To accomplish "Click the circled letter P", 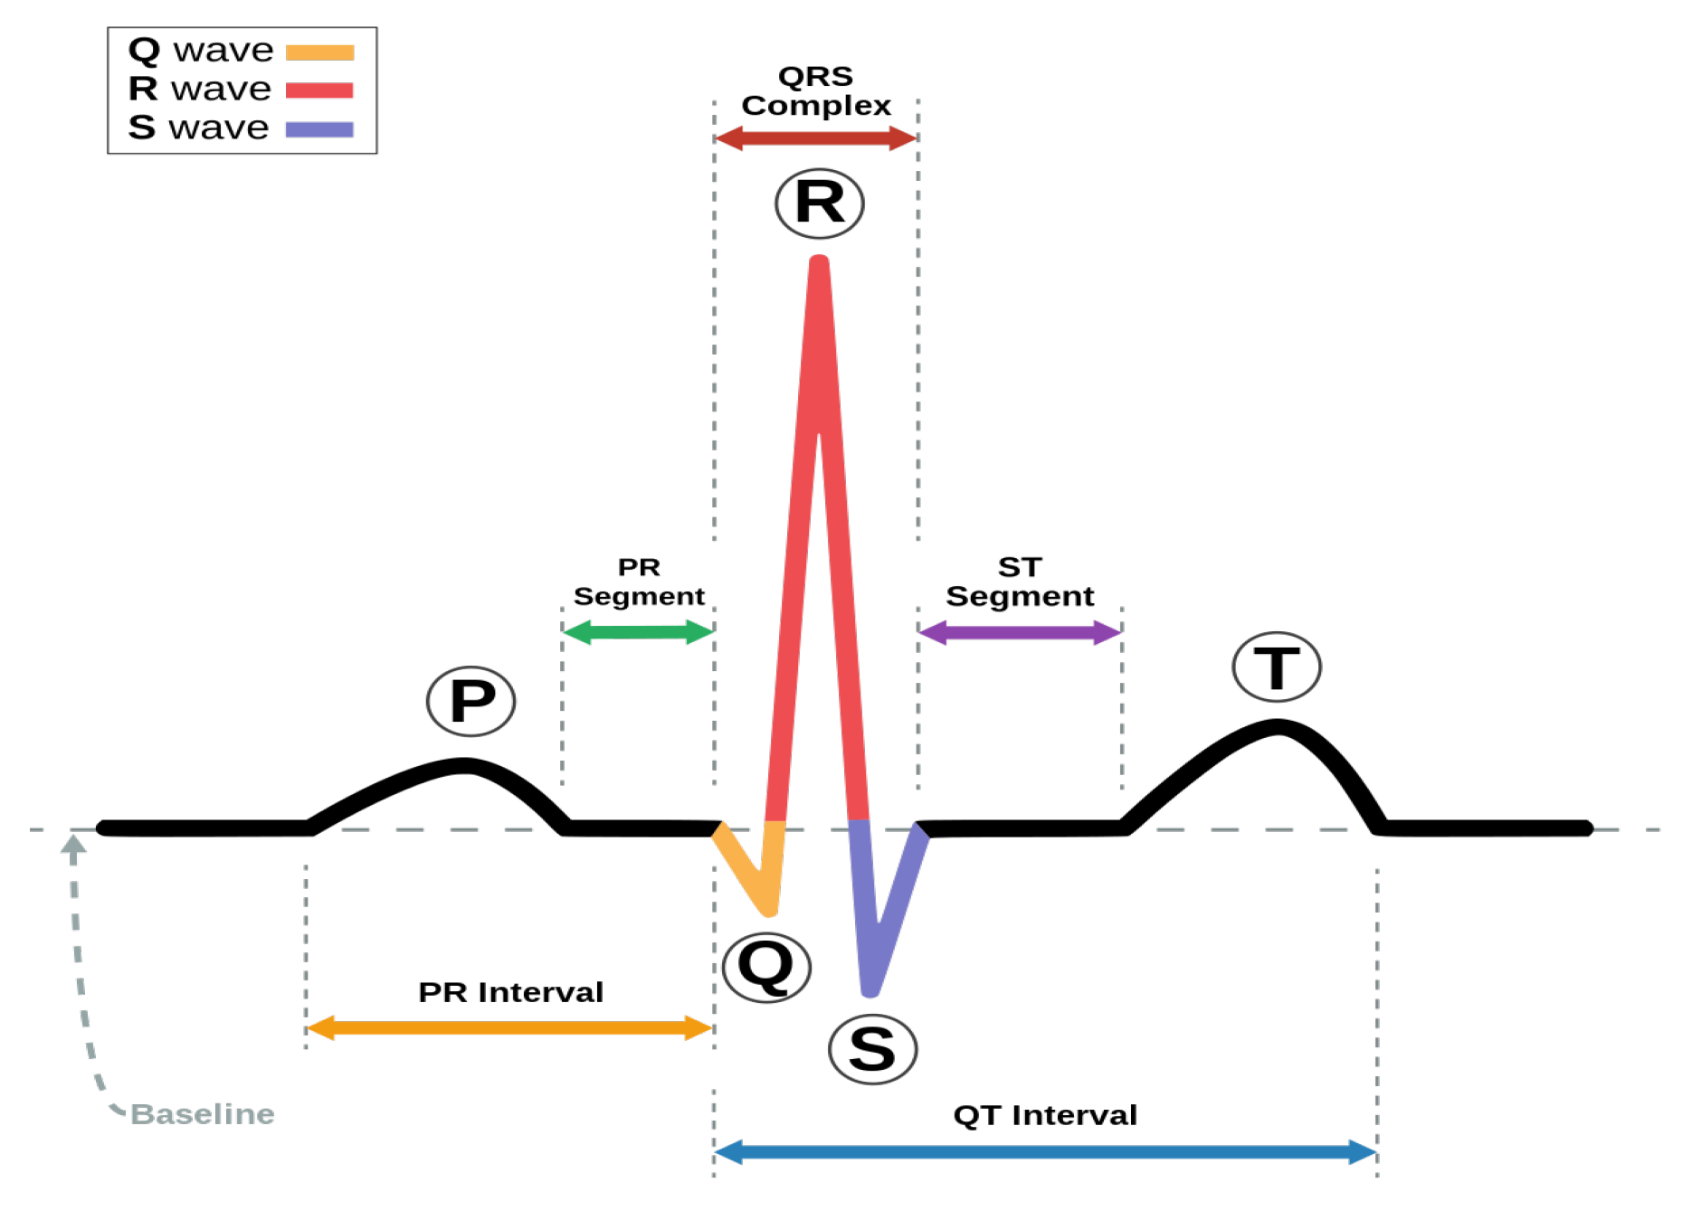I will pyautogui.click(x=471, y=701).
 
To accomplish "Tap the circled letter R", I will pyautogui.click(x=820, y=203).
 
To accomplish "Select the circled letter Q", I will pyautogui.click(x=767, y=967).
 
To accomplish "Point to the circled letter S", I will pyautogui.click(x=873, y=1049).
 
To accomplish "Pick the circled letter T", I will pyautogui.click(x=1277, y=667).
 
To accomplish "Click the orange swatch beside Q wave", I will pyautogui.click(x=319, y=52).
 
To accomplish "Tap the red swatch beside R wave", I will pyautogui.click(x=319, y=90).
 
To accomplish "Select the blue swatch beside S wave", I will pyautogui.click(x=319, y=129).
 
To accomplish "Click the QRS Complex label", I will pyautogui.click(x=816, y=90).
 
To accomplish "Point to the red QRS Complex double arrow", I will pyautogui.click(x=816, y=138).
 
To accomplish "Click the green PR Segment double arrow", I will pyautogui.click(x=639, y=631).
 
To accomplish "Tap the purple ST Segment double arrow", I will pyautogui.click(x=1020, y=631).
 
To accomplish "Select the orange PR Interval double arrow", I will pyautogui.click(x=510, y=1027).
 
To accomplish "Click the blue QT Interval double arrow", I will pyautogui.click(x=1045, y=1151).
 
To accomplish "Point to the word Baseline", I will pyautogui.click(x=203, y=1113).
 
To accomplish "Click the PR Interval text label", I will pyautogui.click(x=510, y=992).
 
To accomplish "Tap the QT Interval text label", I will pyautogui.click(x=1045, y=1115).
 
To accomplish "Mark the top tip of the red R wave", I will pyautogui.click(x=819, y=261).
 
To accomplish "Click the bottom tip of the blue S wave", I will pyautogui.click(x=870, y=991).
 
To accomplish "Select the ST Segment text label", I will pyautogui.click(x=1020, y=582).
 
